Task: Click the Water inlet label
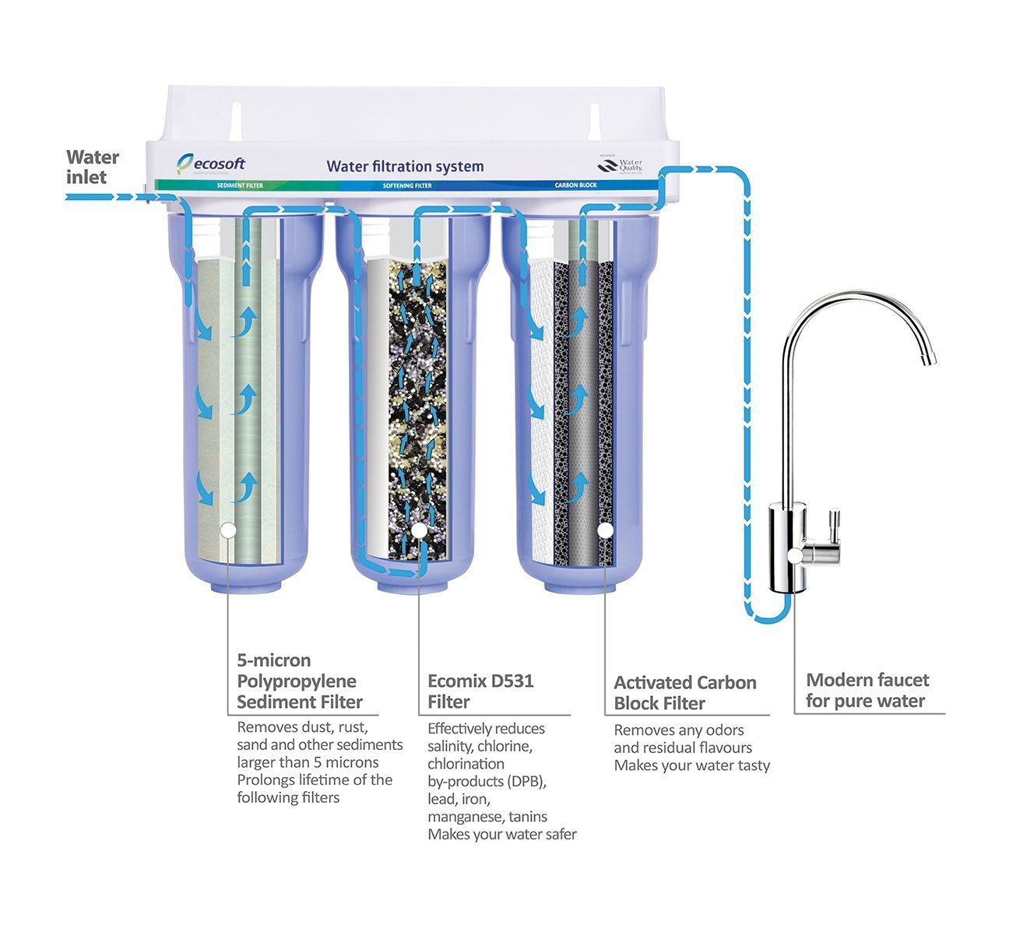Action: (x=92, y=167)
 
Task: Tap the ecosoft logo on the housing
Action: (x=211, y=163)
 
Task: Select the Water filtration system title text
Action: (x=405, y=166)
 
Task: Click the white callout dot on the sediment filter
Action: (x=228, y=530)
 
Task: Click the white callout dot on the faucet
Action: (x=794, y=555)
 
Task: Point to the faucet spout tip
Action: (x=927, y=360)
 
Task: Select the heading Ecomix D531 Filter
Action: (x=480, y=691)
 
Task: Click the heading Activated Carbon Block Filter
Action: (x=684, y=693)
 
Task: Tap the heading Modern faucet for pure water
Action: (x=867, y=690)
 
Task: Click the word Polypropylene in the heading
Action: (x=296, y=681)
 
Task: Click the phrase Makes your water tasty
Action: (x=691, y=765)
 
